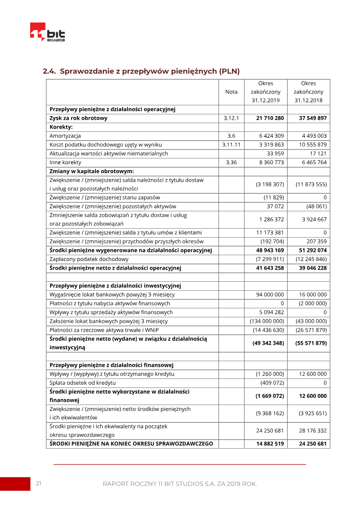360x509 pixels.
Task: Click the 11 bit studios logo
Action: click(47, 32)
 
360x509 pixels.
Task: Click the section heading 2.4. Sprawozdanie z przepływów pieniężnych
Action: click(141, 71)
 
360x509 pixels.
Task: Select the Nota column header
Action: click(231, 92)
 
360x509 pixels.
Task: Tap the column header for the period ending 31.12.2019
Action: click(265, 92)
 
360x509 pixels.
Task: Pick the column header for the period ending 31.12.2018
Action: click(309, 92)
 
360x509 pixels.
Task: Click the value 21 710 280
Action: click(270, 118)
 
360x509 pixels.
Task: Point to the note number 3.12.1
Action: click(231, 118)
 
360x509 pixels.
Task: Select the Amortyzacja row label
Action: click(65, 136)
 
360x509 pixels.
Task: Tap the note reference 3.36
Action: click(231, 162)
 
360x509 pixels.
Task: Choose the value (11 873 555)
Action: click(311, 185)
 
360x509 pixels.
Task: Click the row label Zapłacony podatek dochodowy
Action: click(89, 259)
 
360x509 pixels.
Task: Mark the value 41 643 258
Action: click(270, 268)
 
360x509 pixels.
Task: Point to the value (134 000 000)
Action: click(267, 321)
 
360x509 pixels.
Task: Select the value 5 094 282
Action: click(271, 312)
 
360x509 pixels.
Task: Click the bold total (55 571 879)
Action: click(311, 343)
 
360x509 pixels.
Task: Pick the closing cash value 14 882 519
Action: click(270, 444)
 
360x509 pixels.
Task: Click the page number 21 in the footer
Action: click(39, 484)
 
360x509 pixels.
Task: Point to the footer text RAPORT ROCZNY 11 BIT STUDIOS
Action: click(180, 484)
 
